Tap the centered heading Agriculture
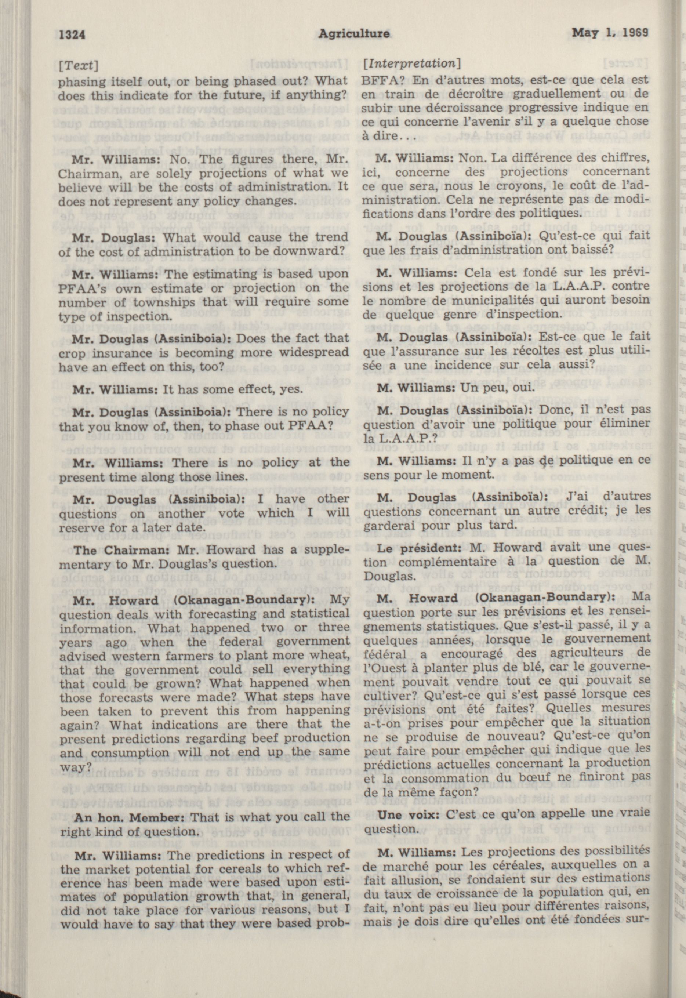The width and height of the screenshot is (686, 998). [x=355, y=34]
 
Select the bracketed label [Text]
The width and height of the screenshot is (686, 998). [x=78, y=66]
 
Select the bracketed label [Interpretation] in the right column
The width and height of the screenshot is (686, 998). [x=412, y=63]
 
